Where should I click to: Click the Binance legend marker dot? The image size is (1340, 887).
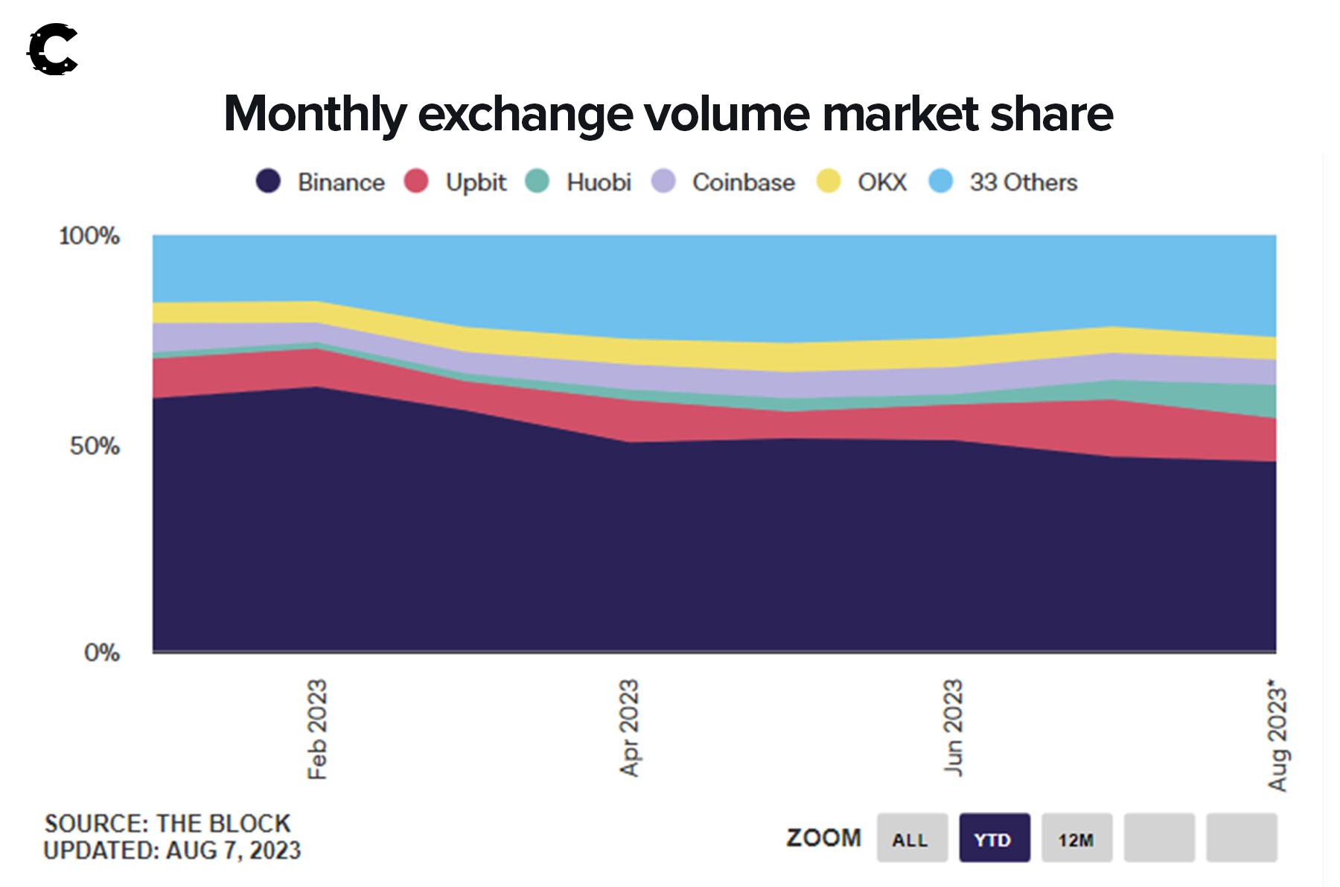(268, 181)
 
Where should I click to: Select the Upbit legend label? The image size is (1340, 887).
(475, 182)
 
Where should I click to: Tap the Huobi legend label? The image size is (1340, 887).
(599, 182)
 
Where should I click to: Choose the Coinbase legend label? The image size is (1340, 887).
(743, 182)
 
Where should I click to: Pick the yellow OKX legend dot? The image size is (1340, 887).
(829, 181)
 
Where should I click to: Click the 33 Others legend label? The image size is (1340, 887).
(1023, 182)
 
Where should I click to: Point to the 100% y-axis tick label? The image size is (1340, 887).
(89, 236)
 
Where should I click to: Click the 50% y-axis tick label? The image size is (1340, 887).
(95, 446)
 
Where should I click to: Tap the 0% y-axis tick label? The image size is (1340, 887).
(101, 653)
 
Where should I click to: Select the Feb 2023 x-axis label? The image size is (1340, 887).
(317, 729)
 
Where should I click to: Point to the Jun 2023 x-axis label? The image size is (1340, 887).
(953, 727)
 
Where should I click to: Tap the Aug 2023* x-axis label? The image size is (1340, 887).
(1277, 734)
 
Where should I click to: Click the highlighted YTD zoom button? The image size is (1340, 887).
(994, 839)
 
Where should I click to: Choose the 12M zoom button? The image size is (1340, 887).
(1076, 839)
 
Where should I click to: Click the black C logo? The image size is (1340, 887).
(53, 50)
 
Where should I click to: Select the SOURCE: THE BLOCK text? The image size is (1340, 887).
(167, 823)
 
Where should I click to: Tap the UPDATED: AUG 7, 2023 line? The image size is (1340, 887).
(172, 851)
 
